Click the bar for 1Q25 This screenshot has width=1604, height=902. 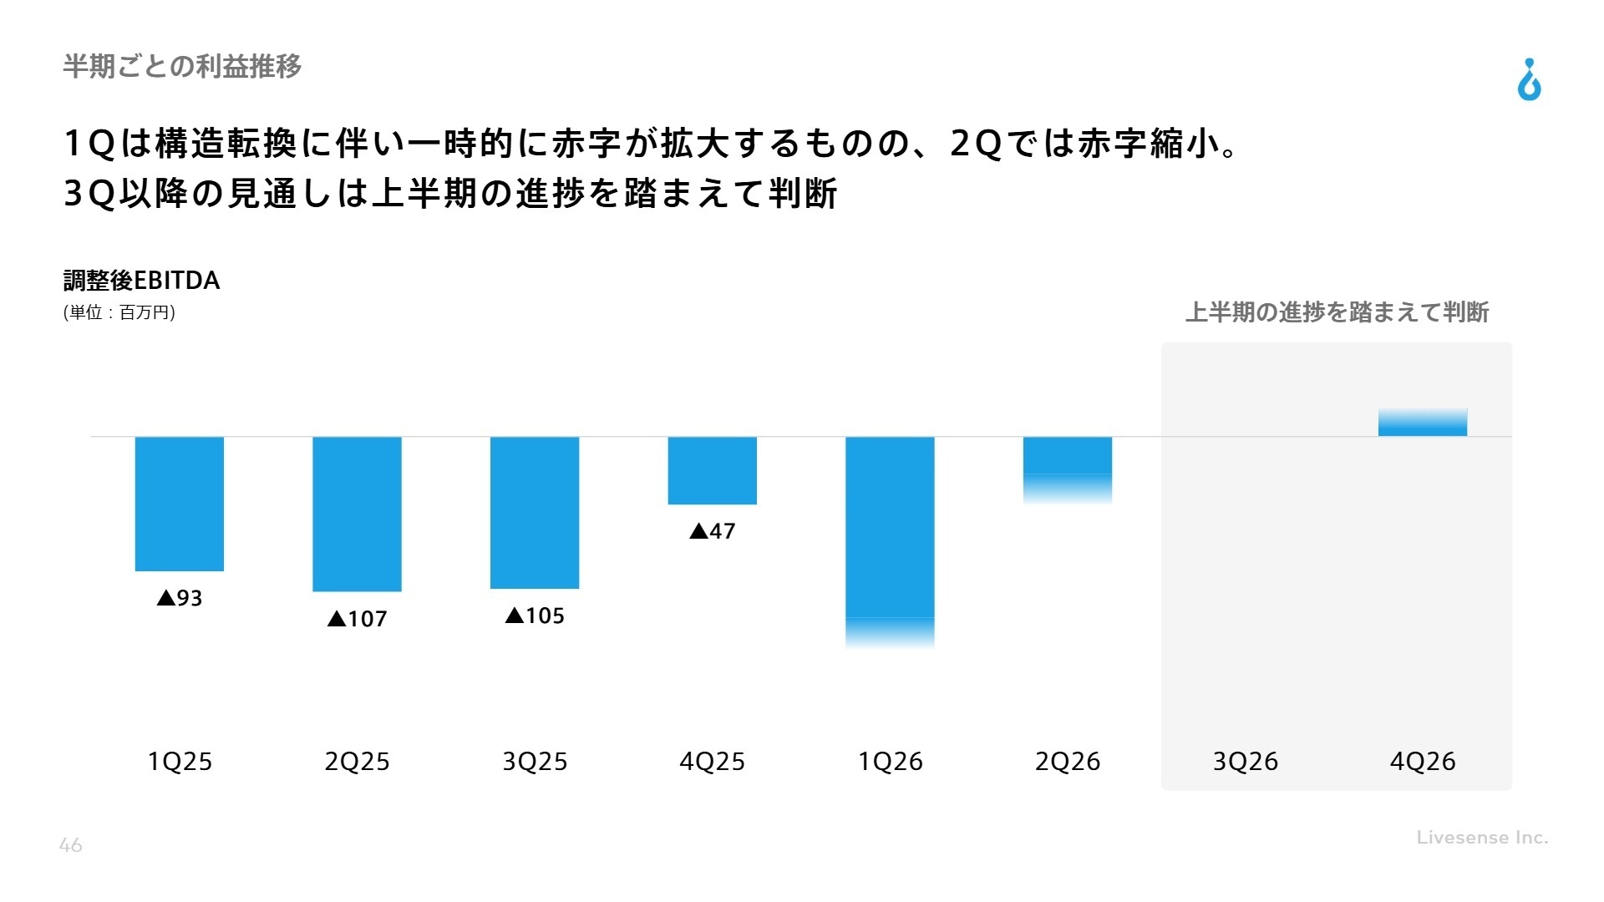180,504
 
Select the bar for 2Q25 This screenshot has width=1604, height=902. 357,514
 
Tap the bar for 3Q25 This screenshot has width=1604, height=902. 535,512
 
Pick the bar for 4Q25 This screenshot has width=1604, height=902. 712,470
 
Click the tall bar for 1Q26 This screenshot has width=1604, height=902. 890,535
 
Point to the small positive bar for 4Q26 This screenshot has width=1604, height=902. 1422,423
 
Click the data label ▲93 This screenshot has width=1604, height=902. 180,598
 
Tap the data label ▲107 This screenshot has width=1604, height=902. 357,619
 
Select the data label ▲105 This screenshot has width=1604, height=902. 535,616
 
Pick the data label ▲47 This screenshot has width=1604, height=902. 712,531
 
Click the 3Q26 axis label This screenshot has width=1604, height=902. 1245,762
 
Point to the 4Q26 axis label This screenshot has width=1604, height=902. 1422,762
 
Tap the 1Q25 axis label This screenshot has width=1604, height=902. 180,762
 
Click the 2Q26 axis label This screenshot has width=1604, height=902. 1067,762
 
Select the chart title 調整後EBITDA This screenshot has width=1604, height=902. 142,281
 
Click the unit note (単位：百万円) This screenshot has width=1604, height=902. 119,312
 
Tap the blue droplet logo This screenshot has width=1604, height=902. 1529,80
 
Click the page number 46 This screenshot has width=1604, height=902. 71,845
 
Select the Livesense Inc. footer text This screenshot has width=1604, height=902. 1482,837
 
